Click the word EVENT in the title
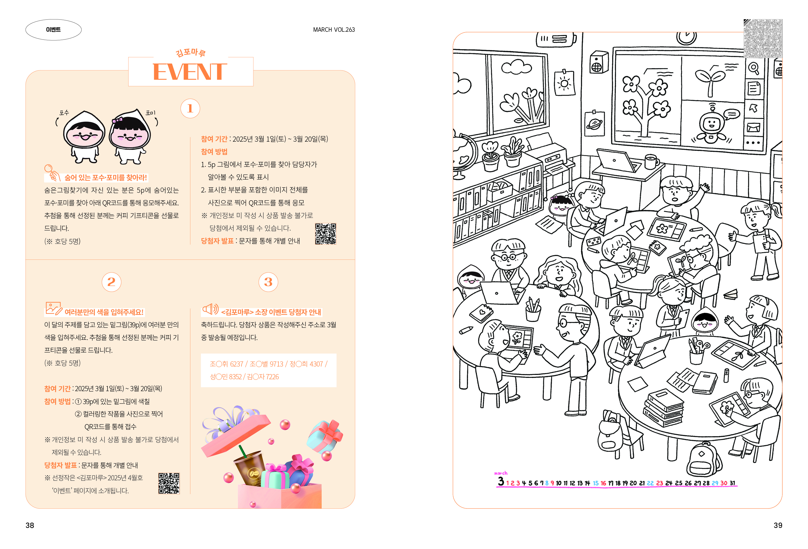(x=190, y=72)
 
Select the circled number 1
(x=190, y=109)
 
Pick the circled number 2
(x=111, y=282)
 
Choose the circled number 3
(x=268, y=282)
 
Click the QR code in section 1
(x=325, y=234)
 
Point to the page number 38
(x=30, y=525)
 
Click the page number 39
(x=778, y=525)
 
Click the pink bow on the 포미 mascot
(x=117, y=120)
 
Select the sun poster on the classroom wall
(x=564, y=84)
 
